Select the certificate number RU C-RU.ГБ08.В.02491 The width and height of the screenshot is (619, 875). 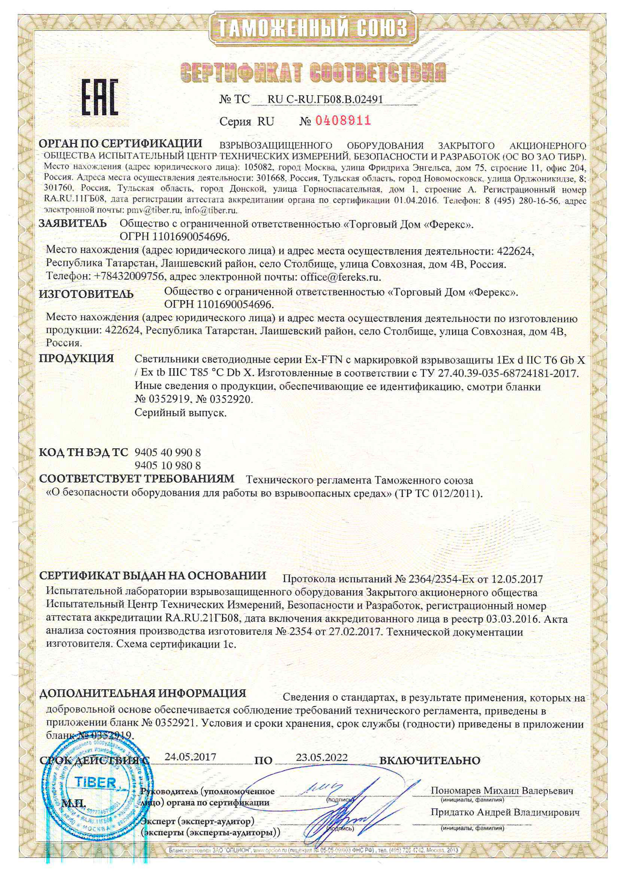click(325, 100)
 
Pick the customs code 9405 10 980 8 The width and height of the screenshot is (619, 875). click(168, 465)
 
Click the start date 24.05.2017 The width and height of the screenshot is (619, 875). click(190, 757)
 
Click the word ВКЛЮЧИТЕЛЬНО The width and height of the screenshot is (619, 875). click(430, 761)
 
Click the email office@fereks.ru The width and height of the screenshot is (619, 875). click(340, 277)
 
